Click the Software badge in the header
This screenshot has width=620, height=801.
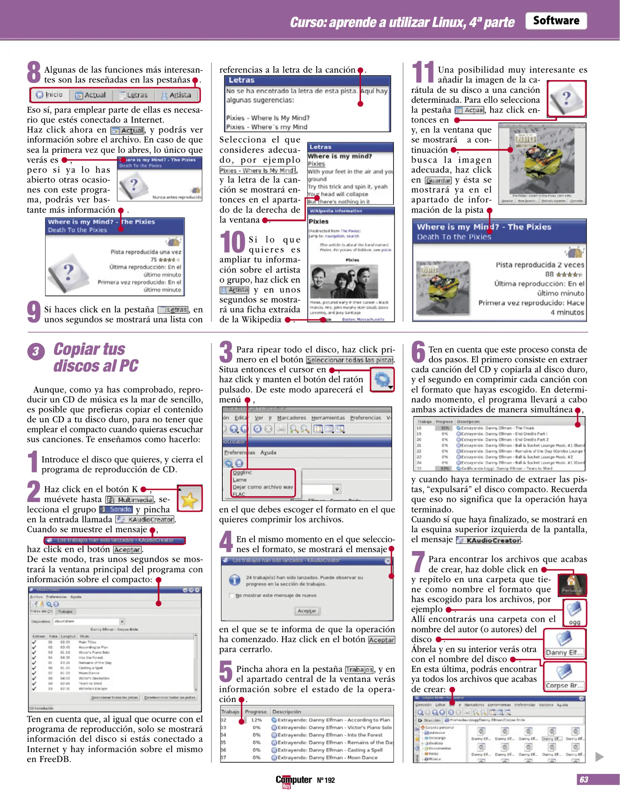pos(556,21)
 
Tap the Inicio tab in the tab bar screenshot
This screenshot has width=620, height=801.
pos(49,95)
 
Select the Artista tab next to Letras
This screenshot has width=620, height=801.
pos(176,95)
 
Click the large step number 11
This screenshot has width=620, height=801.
pos(422,72)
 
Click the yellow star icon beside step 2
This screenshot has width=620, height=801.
pos(190,499)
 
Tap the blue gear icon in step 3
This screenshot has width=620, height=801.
pos(382,379)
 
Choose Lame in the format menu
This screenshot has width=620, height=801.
pos(240,479)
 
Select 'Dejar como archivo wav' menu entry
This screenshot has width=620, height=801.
pos(262,487)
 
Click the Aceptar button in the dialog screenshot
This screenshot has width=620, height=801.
pos(307,611)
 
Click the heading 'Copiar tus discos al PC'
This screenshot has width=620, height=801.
pos(96,357)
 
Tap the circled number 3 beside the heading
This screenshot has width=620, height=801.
pos(36,351)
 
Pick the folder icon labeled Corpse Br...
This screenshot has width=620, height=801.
pos(564,676)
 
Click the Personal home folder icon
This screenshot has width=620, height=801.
pos(571,584)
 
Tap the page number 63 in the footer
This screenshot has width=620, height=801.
pos(584,779)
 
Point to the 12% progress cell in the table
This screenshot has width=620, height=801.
pos(257,720)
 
